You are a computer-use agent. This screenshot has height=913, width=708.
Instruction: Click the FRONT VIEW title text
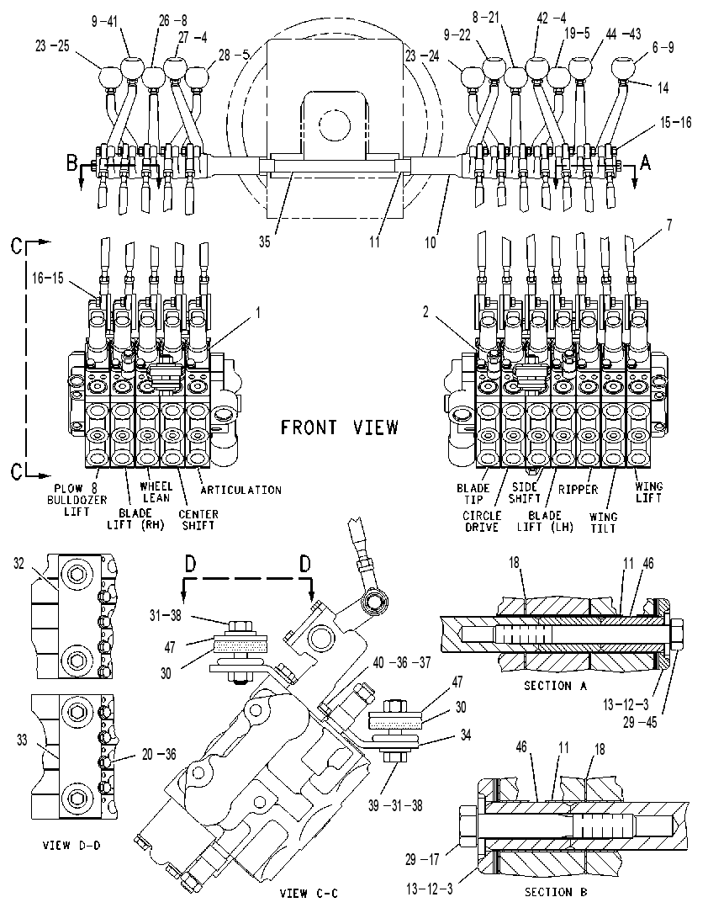pyautogui.click(x=340, y=428)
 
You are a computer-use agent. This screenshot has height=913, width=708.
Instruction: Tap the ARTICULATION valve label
pyautogui.click(x=240, y=491)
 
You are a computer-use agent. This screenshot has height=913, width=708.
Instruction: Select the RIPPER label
pyautogui.click(x=579, y=489)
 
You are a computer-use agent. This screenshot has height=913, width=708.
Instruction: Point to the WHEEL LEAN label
pyautogui.click(x=156, y=492)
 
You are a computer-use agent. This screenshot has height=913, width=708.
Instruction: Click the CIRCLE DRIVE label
pyautogui.click(x=482, y=522)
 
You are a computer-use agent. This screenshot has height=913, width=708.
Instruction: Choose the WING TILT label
pyautogui.click(x=603, y=523)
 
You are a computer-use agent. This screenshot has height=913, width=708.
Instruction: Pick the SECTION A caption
pyautogui.click(x=556, y=686)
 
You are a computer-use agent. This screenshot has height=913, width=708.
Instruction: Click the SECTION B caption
pyautogui.click(x=556, y=892)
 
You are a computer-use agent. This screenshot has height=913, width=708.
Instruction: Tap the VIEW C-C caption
pyautogui.click(x=309, y=893)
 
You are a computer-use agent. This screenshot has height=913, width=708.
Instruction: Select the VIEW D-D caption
pyautogui.click(x=71, y=845)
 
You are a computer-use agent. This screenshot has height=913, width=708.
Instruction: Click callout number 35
pyautogui.click(x=265, y=242)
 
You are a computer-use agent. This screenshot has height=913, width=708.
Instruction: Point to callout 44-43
pyautogui.click(x=623, y=35)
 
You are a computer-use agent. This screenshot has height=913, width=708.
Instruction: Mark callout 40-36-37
pyautogui.click(x=402, y=662)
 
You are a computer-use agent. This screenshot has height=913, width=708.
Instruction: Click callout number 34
pyautogui.click(x=465, y=735)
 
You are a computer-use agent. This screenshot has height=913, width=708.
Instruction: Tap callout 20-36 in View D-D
pyautogui.click(x=159, y=754)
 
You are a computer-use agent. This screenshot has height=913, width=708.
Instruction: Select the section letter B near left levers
pyautogui.click(x=71, y=163)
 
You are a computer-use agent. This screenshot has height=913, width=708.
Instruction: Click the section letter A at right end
pyautogui.click(x=645, y=163)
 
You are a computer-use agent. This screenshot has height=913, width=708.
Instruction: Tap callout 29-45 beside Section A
pyautogui.click(x=639, y=722)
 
